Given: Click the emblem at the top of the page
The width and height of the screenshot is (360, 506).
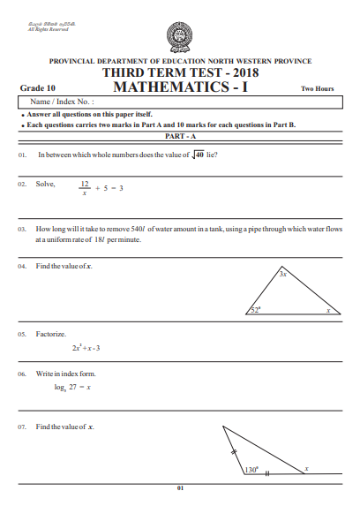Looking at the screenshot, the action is [x=180, y=37].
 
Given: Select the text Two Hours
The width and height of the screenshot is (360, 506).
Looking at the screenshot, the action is [x=318, y=89].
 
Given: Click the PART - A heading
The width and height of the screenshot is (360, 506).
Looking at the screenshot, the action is [x=180, y=138].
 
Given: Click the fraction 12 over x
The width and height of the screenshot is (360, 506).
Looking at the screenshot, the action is [x=85, y=189].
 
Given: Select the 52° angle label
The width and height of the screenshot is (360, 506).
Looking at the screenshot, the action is [x=255, y=310].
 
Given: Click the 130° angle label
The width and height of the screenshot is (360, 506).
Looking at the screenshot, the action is [x=250, y=470].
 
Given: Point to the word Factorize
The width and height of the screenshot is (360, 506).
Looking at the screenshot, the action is [x=51, y=335].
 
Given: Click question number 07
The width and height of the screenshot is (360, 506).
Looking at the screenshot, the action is [x=22, y=427].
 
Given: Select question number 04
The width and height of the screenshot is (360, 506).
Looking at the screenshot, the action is [x=22, y=266].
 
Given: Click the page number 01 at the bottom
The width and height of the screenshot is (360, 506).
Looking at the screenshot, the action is [x=179, y=488].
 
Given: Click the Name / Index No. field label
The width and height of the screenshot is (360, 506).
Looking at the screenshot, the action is [x=63, y=103].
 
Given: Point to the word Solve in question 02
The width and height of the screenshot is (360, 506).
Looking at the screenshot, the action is [x=45, y=185].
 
